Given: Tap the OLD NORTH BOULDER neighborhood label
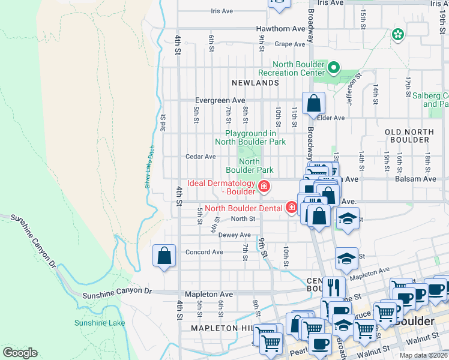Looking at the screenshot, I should click(x=408, y=135).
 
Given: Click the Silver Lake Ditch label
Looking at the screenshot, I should click(x=150, y=167).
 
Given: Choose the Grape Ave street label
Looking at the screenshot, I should click(x=291, y=44).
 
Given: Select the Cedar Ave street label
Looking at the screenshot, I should click(x=200, y=157).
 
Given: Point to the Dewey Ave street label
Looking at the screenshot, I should click(x=234, y=235).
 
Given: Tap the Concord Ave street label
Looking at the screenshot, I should click(x=204, y=252).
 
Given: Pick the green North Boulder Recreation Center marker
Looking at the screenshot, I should click(x=335, y=68).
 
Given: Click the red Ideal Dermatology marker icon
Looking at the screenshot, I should click(x=263, y=187).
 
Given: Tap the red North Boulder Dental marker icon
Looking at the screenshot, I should click(x=292, y=208).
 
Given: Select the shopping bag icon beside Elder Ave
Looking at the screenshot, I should click(x=313, y=103).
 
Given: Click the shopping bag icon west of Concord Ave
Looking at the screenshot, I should click(x=164, y=256).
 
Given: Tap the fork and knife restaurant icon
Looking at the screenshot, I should click(x=331, y=287).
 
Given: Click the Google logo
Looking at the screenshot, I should click(x=20, y=353).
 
